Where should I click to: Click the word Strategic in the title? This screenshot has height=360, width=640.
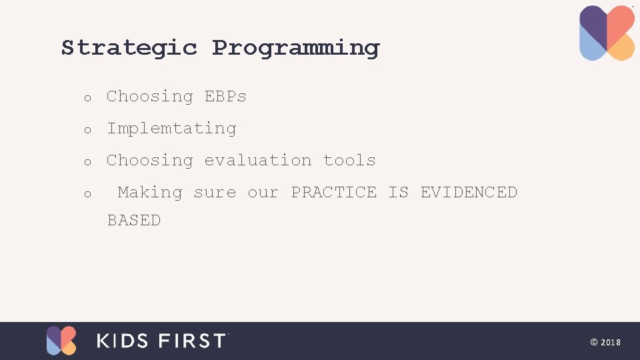(x=129, y=48)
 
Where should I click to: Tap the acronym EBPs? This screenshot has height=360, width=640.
(x=225, y=96)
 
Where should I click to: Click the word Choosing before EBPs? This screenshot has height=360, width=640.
(x=149, y=97)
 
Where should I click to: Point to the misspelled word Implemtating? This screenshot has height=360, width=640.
(x=171, y=129)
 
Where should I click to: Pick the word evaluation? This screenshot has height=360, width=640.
(x=257, y=160)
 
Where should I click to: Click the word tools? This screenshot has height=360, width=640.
(x=349, y=160)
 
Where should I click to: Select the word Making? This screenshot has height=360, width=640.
(x=149, y=193)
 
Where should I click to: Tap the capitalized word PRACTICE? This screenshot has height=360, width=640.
(x=333, y=192)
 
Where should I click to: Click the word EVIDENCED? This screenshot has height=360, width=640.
(x=469, y=192)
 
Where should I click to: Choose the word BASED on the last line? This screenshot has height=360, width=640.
(x=134, y=220)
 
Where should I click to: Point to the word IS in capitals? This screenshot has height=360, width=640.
(x=398, y=192)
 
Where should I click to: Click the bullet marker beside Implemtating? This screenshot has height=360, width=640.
(x=87, y=131)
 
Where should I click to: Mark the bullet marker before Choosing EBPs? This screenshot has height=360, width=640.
(x=87, y=99)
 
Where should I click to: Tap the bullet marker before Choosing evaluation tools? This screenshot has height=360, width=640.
(x=87, y=163)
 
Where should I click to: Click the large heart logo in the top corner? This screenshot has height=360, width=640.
(x=607, y=33)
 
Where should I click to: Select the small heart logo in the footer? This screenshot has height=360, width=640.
(x=61, y=341)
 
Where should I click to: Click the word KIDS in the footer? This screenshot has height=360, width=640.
(x=123, y=341)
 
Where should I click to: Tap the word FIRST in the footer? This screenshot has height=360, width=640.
(x=193, y=341)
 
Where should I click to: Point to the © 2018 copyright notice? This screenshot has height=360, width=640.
(x=605, y=342)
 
